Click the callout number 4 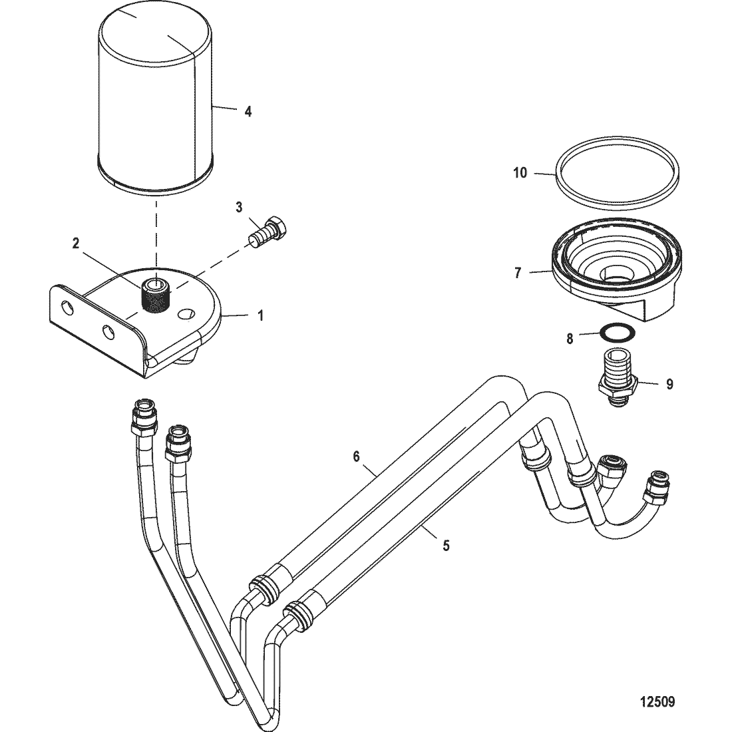(x=248, y=111)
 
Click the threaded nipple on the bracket (x=156, y=293)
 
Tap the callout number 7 (x=518, y=273)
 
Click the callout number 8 (x=569, y=339)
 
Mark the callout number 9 (x=670, y=384)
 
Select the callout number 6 (x=356, y=456)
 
